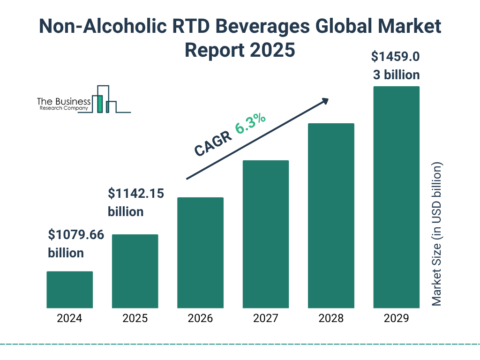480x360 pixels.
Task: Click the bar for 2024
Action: pyautogui.click(x=69, y=290)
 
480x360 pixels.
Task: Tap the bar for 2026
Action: pyautogui.click(x=200, y=253)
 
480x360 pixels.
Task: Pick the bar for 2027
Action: pyautogui.click(x=265, y=234)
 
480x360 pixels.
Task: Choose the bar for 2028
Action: pyautogui.click(x=331, y=216)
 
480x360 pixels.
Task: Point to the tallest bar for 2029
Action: pyautogui.click(x=396, y=197)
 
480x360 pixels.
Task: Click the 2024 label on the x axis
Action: pyautogui.click(x=69, y=319)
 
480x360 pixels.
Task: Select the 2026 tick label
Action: pyautogui.click(x=200, y=319)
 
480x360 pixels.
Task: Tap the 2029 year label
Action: pyautogui.click(x=396, y=319)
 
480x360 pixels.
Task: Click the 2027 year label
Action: pyautogui.click(x=265, y=319)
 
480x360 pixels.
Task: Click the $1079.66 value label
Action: pyautogui.click(x=76, y=235)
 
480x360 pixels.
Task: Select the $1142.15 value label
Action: pyautogui.click(x=136, y=193)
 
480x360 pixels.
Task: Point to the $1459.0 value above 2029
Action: pyautogui.click(x=395, y=57)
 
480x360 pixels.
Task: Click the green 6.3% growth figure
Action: pyautogui.click(x=251, y=123)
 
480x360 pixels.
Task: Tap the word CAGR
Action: pyautogui.click(x=213, y=143)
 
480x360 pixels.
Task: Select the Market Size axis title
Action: pyautogui.click(x=436, y=234)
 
